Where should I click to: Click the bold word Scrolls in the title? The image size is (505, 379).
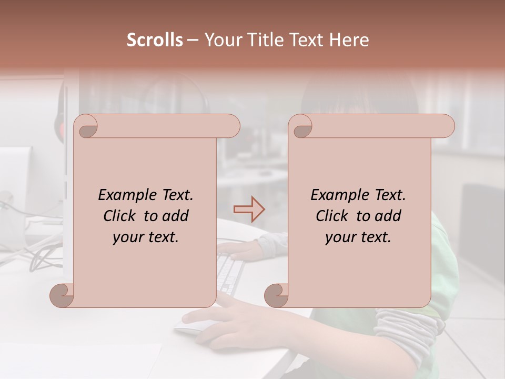155,40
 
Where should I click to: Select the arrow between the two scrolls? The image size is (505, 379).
249,210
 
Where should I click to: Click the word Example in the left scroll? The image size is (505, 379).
122,195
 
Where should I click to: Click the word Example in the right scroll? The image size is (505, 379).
335,195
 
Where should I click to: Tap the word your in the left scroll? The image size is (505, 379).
127,237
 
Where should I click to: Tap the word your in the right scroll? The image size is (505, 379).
340,237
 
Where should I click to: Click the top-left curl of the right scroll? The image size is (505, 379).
301,127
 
